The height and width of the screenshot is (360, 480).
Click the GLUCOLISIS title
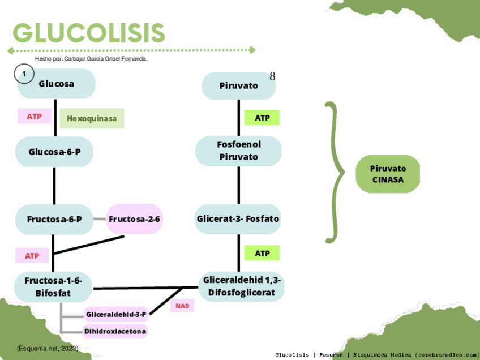[89, 33]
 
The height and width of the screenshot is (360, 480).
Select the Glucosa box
[57, 84]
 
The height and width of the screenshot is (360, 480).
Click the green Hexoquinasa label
[92, 118]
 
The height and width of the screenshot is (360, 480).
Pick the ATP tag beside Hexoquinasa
[34, 117]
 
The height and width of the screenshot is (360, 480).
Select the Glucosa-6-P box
[54, 151]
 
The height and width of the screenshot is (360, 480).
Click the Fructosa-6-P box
[54, 219]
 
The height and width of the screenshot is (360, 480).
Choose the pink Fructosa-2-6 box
[135, 219]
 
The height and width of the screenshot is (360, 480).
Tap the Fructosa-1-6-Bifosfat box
[54, 286]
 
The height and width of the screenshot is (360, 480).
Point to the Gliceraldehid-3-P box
[116, 314]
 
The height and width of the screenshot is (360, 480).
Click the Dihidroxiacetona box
[115, 331]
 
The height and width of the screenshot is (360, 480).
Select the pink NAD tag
[182, 306]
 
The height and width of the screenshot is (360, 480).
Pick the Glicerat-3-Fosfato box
[238, 218]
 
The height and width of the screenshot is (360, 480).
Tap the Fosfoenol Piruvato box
[238, 151]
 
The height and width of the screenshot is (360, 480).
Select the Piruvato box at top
[238, 86]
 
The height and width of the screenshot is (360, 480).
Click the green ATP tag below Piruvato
[262, 118]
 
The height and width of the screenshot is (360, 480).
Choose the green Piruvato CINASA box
[388, 174]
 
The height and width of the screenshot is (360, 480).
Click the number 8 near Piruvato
[272, 76]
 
